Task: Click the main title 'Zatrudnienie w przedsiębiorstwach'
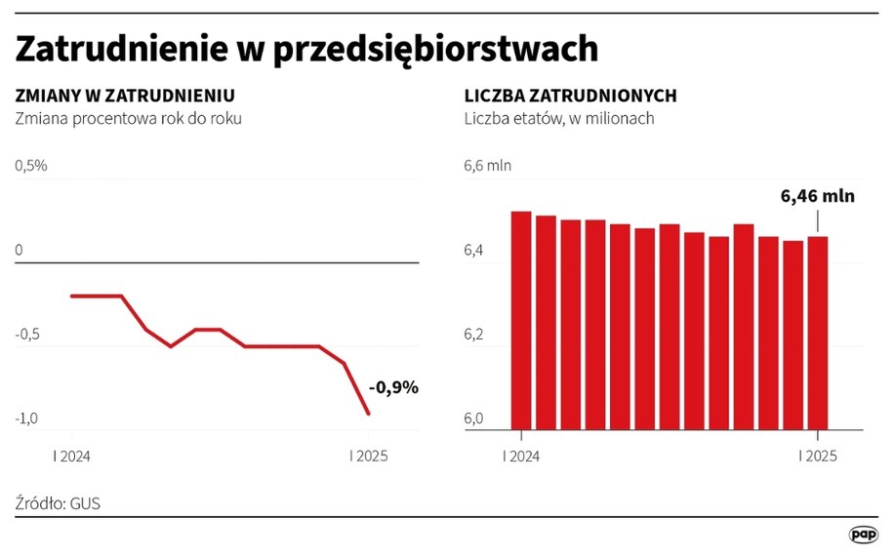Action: [306, 49]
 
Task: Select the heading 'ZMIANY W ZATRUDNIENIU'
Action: [125, 96]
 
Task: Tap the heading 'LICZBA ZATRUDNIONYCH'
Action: [570, 96]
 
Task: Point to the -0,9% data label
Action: [393, 387]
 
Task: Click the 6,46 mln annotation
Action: [817, 196]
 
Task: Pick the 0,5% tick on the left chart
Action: [30, 165]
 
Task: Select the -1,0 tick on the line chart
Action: [27, 418]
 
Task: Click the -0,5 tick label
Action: [27, 335]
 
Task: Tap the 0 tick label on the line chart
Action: [20, 251]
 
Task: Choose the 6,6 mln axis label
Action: [487, 165]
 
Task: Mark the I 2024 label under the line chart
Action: [73, 455]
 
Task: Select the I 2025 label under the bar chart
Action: [818, 455]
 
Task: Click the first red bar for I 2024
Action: [521, 320]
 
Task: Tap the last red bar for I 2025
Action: [818, 332]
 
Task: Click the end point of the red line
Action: [368, 414]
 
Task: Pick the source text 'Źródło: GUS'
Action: [59, 503]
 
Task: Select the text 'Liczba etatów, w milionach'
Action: [557, 118]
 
